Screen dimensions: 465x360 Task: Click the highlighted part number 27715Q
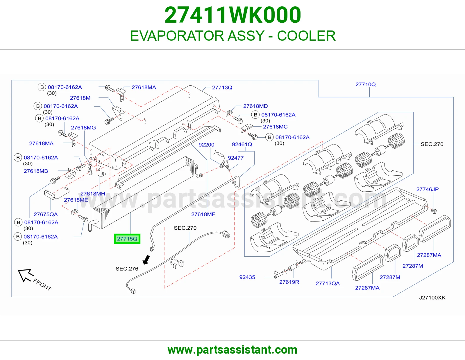tap(127, 239)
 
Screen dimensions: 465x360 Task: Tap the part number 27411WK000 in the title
tap(233, 15)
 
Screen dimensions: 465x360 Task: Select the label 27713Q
tap(222, 87)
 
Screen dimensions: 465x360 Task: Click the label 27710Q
tap(366, 84)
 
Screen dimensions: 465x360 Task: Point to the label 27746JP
tap(427, 189)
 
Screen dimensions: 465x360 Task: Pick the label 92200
tap(206, 145)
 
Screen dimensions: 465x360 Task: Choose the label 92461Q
tap(242, 145)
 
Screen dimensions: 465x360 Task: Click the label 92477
tap(236, 158)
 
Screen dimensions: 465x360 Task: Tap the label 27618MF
tap(203, 214)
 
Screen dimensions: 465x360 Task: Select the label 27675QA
tap(46, 214)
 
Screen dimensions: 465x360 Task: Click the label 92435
tap(247, 277)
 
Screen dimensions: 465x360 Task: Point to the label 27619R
tap(289, 282)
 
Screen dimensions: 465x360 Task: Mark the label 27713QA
tap(328, 283)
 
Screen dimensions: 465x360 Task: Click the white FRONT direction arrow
tap(26, 275)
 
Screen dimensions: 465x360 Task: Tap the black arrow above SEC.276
tap(146, 260)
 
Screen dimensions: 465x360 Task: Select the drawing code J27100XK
tap(432, 298)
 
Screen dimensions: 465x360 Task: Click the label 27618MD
tap(255, 106)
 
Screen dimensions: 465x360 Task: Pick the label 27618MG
tap(83, 128)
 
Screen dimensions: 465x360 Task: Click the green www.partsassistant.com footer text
tap(233, 350)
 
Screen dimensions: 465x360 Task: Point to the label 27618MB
tap(36, 171)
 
